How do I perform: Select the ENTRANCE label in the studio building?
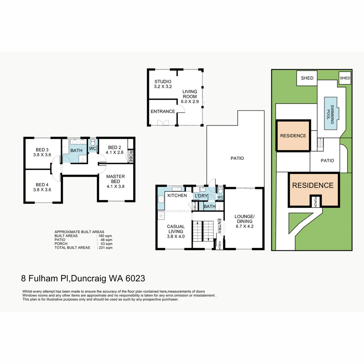coord(162,112)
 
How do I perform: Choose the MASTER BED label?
coord(116,179)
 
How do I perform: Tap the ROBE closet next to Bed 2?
coord(131,156)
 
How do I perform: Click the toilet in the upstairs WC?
coord(93,143)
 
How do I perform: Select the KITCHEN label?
coord(177,196)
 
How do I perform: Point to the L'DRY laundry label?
coord(200,196)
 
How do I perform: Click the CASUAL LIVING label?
coord(176,229)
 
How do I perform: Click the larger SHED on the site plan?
coord(307,78)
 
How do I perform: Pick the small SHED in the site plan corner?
coord(345,78)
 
